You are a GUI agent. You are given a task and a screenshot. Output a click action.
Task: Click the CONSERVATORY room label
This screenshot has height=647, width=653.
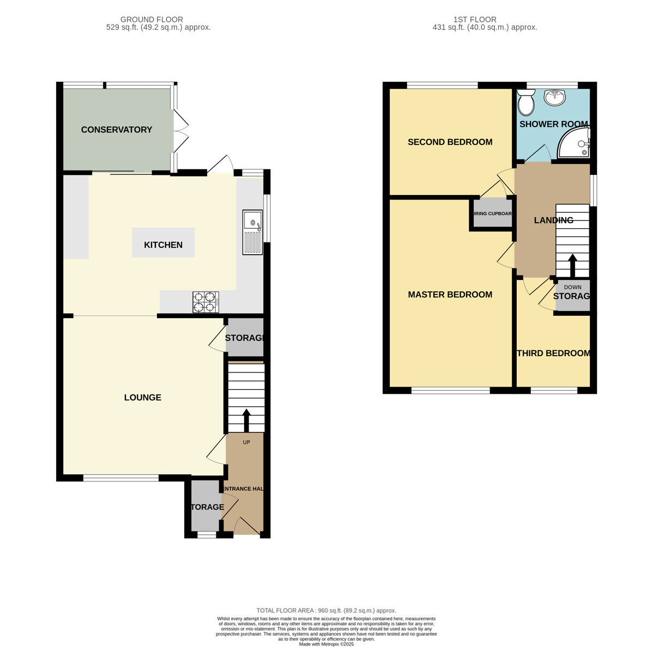116,130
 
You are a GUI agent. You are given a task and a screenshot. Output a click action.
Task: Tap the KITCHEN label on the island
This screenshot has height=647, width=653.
163,245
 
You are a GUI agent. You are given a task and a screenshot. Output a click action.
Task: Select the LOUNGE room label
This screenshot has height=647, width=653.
143,398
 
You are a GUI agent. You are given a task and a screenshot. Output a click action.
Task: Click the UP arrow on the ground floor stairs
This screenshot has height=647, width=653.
246,420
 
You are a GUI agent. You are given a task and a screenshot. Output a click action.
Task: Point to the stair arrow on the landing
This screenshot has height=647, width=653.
572,266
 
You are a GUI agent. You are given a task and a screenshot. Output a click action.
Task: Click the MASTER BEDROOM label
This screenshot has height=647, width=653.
450,295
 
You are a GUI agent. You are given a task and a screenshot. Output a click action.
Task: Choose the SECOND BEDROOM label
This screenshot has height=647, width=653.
450,142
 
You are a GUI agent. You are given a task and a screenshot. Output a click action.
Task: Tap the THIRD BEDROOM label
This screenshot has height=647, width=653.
553,353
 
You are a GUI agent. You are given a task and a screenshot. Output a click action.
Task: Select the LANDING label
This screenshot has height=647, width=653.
553,221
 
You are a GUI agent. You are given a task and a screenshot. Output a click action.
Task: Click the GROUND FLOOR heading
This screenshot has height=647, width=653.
152,20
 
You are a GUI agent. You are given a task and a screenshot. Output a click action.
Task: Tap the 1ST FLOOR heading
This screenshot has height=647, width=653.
475,20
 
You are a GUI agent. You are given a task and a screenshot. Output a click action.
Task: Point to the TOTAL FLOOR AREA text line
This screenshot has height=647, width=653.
326,611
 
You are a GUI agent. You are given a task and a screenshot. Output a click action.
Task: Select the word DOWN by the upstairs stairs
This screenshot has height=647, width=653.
572,287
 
